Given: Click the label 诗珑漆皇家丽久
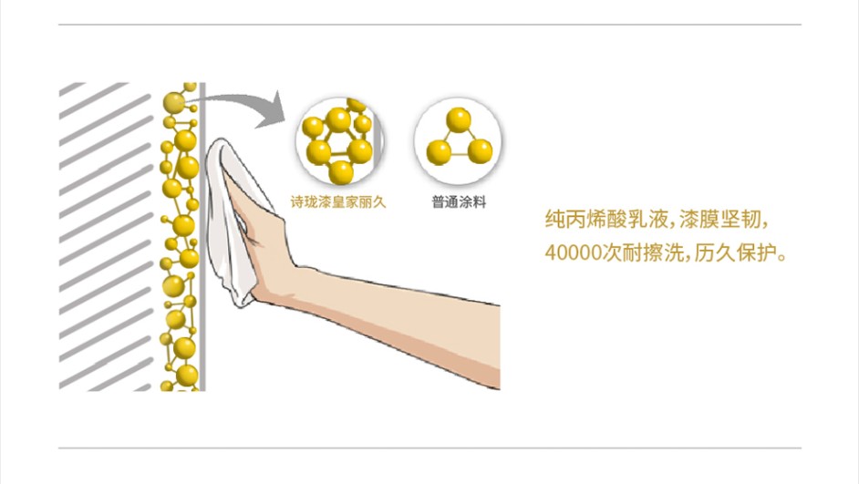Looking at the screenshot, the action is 338,202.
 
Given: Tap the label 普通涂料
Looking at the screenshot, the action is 459,202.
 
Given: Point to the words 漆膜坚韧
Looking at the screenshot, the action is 719,220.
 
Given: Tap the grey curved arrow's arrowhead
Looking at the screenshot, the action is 272,111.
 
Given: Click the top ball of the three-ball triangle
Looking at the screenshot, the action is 459,120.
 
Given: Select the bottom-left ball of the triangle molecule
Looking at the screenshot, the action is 439,152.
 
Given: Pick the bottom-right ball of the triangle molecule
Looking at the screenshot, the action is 480,151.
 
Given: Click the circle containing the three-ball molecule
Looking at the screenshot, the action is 458,141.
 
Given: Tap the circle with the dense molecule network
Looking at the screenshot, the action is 339,141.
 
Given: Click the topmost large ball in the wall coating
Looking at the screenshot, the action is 173,103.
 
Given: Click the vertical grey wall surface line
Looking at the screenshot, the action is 202,236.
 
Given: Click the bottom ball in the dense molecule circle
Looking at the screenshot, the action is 340,172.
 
